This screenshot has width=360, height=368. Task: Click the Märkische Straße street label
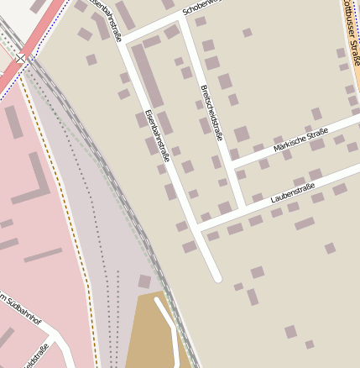pyautogui.click(x=300, y=140)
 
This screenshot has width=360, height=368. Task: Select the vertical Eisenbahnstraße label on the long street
pyautogui.click(x=156, y=134)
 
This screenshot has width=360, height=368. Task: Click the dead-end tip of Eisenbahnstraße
pyautogui.click(x=217, y=276)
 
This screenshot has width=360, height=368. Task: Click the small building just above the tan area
pyautogui.click(x=144, y=281)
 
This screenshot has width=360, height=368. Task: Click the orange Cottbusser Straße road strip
pyautogui.click(x=355, y=50)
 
